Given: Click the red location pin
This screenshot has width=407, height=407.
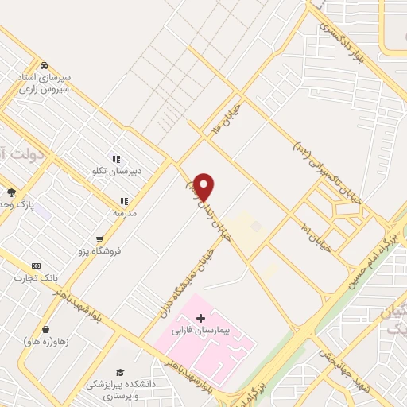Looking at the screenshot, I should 203,187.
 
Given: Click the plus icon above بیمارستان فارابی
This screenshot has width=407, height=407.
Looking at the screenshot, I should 200,318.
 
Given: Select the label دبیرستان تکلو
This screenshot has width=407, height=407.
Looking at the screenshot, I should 115,171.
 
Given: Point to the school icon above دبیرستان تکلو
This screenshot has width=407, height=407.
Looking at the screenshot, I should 116,159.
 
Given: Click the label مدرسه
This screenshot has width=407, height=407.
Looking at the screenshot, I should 123,213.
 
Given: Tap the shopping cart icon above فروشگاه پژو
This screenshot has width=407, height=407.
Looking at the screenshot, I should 99,238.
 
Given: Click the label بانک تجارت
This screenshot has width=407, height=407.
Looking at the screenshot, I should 36,277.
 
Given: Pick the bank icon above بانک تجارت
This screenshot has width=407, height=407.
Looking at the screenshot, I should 36,266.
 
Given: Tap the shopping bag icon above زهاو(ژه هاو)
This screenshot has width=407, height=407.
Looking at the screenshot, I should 46,329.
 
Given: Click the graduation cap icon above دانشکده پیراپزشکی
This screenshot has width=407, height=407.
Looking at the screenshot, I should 120,372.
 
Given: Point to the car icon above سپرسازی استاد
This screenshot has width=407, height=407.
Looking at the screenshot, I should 45,65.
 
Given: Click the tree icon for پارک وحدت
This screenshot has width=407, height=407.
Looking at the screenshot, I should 11,192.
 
